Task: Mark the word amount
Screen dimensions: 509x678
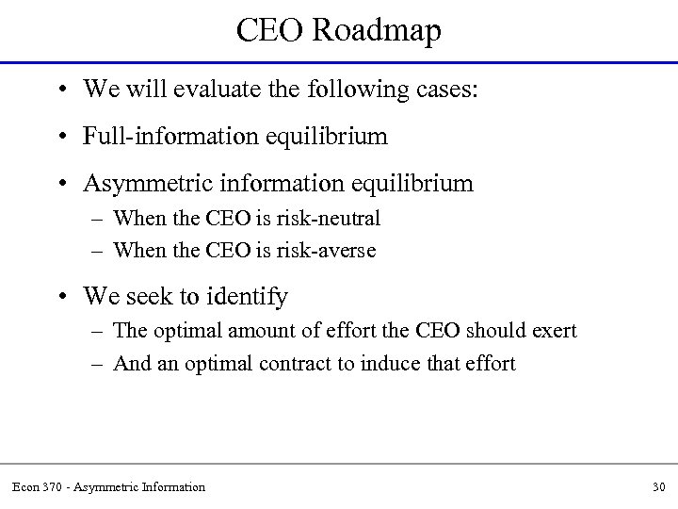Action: coord(254,332)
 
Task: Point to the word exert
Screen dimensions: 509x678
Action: coord(553,332)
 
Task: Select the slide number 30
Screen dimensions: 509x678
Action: coord(657,486)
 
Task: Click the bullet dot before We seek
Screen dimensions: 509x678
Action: coord(59,298)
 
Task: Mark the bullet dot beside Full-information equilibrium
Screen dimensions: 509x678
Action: coord(59,137)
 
